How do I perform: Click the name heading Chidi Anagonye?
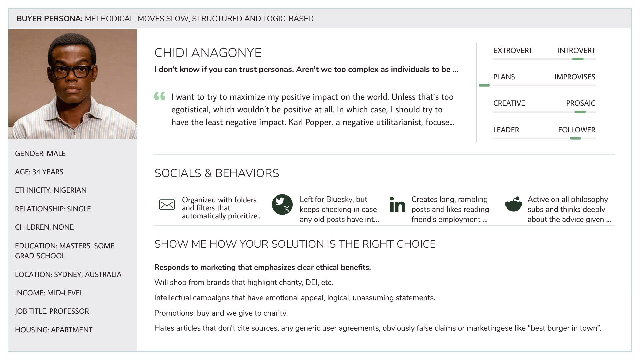pos(208,53)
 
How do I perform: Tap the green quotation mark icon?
pos(160,96)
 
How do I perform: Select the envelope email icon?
pos(167,204)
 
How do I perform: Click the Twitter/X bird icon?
pos(282,204)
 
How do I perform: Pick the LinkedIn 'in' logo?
pos(397,205)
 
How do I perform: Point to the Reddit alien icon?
pos(513,204)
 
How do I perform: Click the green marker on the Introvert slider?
pos(578,59)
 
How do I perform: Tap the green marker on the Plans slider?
pos(484,86)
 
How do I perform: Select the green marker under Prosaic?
pos(580,112)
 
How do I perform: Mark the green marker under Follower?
pos(575,138)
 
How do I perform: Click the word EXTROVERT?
pos(513,51)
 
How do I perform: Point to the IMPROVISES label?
pos(575,77)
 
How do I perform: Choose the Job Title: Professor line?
pos(52,311)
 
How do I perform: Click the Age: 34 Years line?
pos(39,172)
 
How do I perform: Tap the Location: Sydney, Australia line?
pos(68,275)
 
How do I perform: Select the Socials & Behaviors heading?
pos(217,173)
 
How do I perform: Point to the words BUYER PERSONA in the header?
pos(49,19)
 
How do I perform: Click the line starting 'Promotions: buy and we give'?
pos(221,313)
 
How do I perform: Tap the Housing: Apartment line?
pos(54,330)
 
